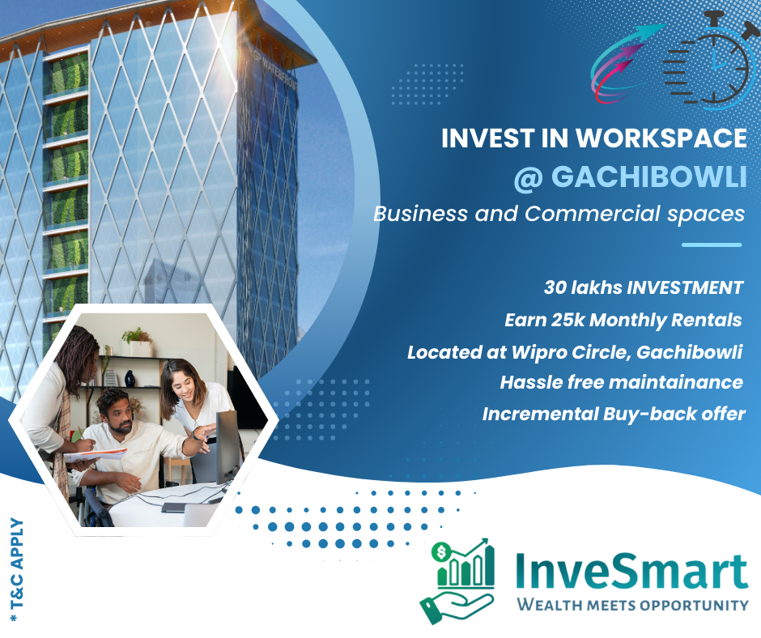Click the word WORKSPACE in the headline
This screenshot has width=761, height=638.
pos(661,138)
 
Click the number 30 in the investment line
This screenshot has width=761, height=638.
pos(555,287)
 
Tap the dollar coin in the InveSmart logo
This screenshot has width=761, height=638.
pos(441,552)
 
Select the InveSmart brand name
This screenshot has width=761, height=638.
pos(631,571)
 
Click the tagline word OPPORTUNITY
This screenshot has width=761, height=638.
pos(694,605)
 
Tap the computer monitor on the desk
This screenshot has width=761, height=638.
pos(227,447)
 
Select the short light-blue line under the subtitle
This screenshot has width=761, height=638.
pos(712,245)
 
